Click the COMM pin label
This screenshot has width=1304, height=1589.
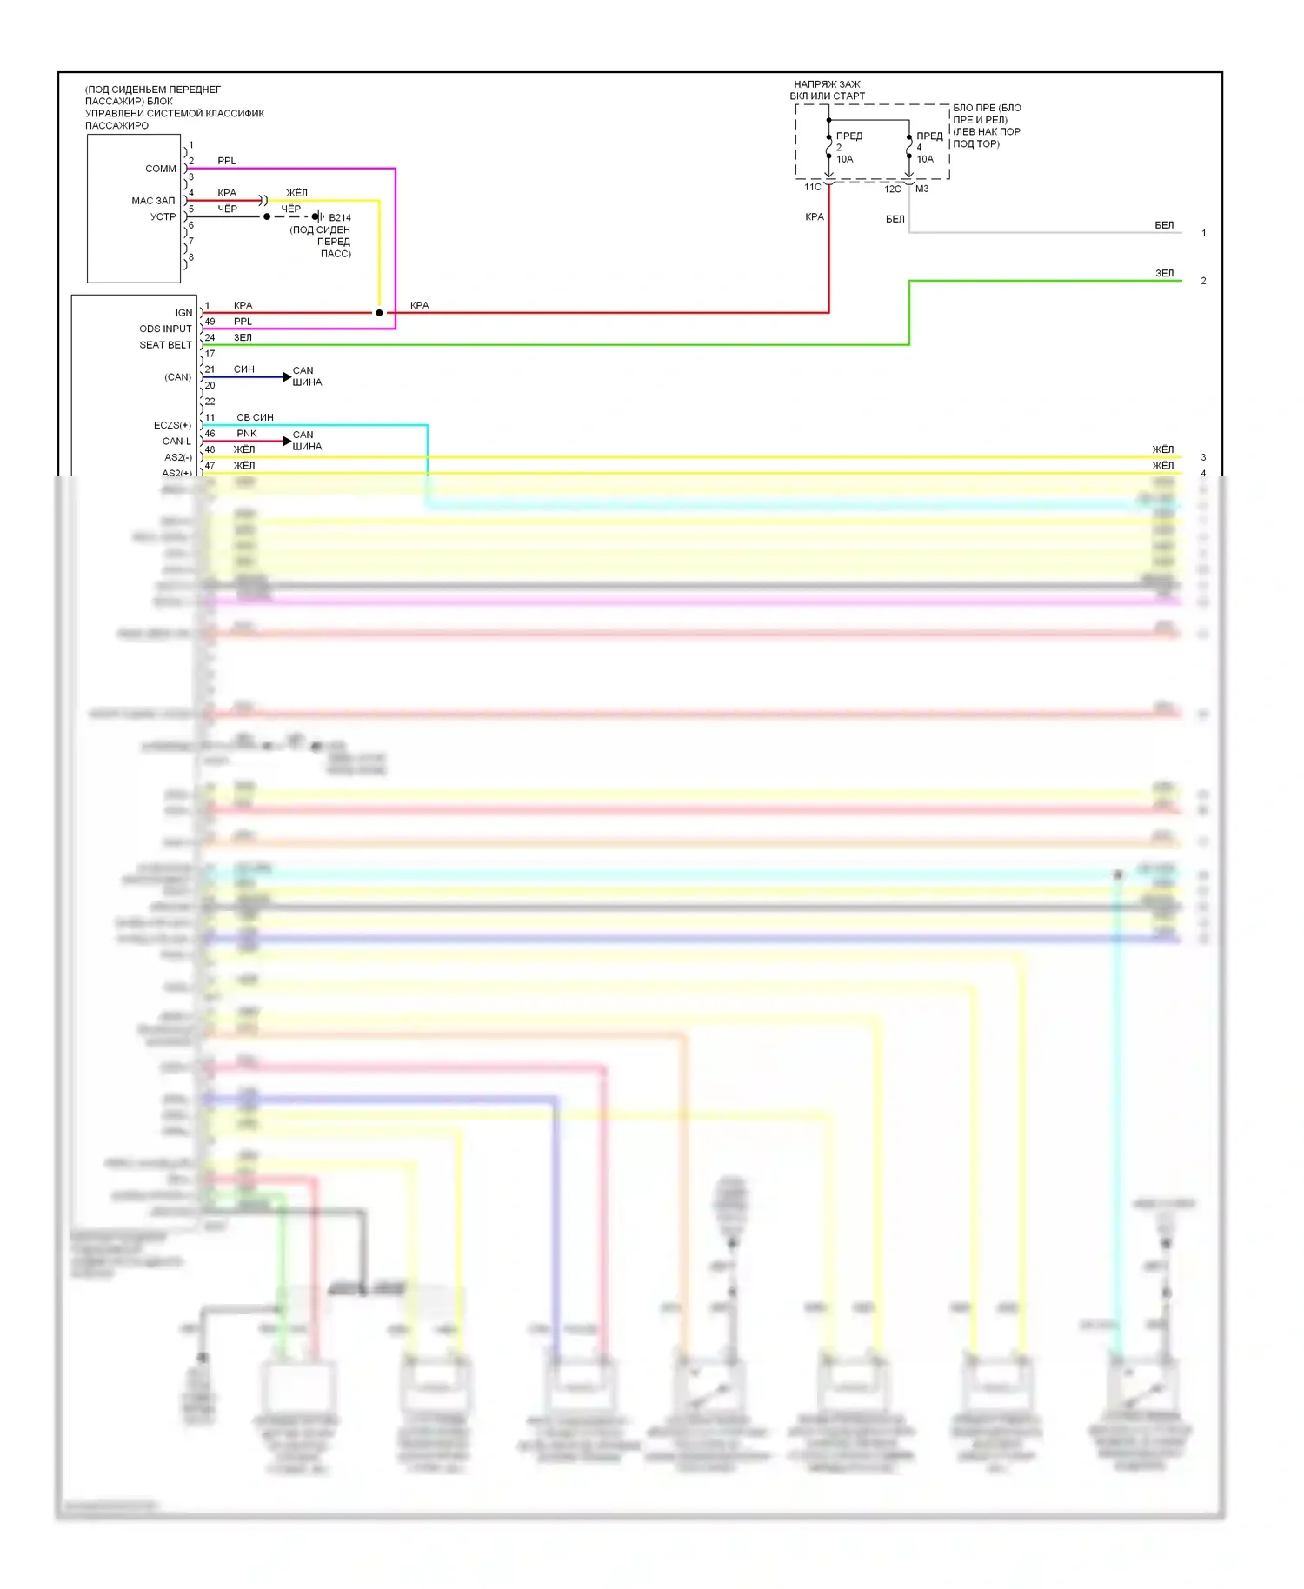pyautogui.click(x=161, y=169)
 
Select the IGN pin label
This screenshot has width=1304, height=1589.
pyautogui.click(x=183, y=313)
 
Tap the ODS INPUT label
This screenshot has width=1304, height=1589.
pyautogui.click(x=165, y=329)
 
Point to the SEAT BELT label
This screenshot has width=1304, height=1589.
pyautogui.click(x=165, y=345)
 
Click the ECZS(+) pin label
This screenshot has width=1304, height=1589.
pyautogui.click(x=172, y=425)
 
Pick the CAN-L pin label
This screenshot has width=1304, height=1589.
pyautogui.click(x=176, y=442)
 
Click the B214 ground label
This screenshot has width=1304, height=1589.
pyautogui.click(x=340, y=218)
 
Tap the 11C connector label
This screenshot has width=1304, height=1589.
pyautogui.click(x=812, y=187)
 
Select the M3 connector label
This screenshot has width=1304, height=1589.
pyautogui.click(x=922, y=189)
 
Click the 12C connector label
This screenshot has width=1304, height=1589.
pyautogui.click(x=893, y=189)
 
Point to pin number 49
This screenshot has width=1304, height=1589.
pyautogui.click(x=210, y=322)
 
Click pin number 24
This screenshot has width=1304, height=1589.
pyautogui.click(x=210, y=337)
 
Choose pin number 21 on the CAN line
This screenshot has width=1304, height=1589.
pyautogui.click(x=210, y=369)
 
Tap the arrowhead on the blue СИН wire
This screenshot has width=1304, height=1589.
pyautogui.click(x=287, y=377)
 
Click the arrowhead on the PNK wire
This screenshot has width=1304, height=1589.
pyautogui.click(x=287, y=442)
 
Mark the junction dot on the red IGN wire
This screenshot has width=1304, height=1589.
pyautogui.click(x=379, y=313)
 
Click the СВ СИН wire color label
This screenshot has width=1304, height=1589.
pyautogui.click(x=255, y=417)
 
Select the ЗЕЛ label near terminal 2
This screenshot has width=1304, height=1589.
pyautogui.click(x=1164, y=273)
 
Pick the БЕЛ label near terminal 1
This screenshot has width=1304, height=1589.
pyautogui.click(x=1164, y=225)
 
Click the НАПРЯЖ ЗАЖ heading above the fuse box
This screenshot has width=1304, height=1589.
pyautogui.click(x=827, y=84)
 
